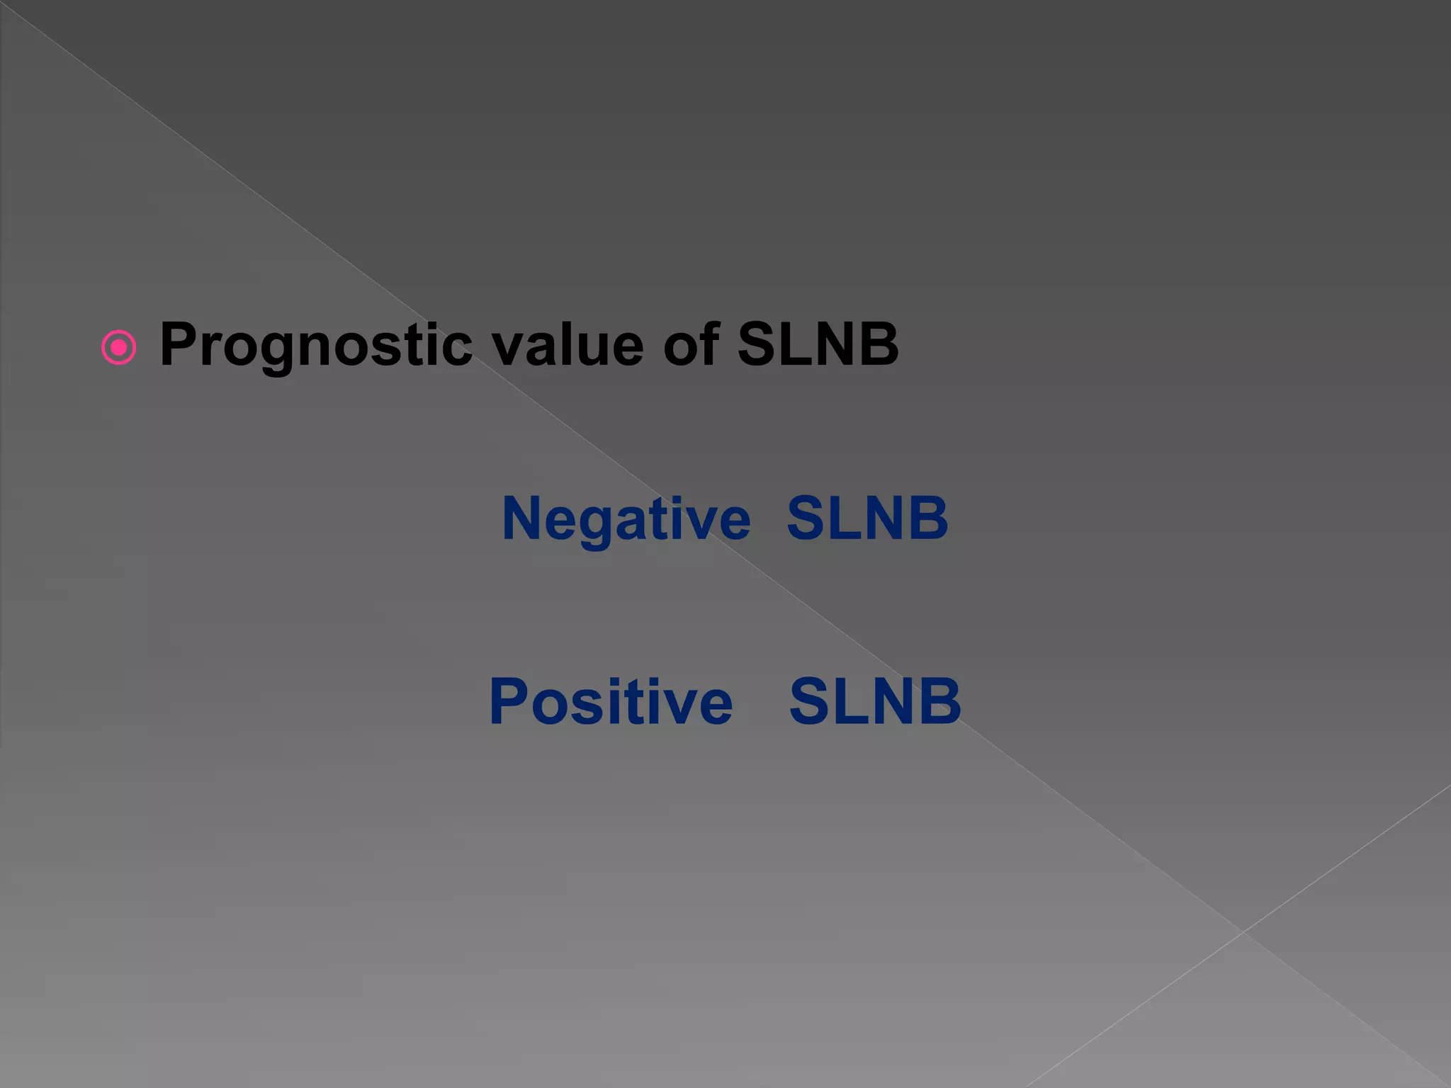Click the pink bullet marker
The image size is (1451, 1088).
pyautogui.click(x=118, y=347)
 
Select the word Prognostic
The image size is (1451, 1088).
pyautogui.click(x=316, y=345)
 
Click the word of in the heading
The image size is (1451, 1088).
pyautogui.click(x=691, y=345)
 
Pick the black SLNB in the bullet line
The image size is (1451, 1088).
pyautogui.click(x=818, y=345)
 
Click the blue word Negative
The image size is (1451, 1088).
pyautogui.click(x=626, y=518)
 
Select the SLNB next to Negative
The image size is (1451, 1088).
pyautogui.click(x=867, y=518)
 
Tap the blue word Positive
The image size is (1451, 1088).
pyautogui.click(x=611, y=701)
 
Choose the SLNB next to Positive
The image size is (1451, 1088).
pyautogui.click(x=875, y=701)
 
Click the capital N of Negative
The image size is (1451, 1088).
pyautogui.click(x=521, y=518)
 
